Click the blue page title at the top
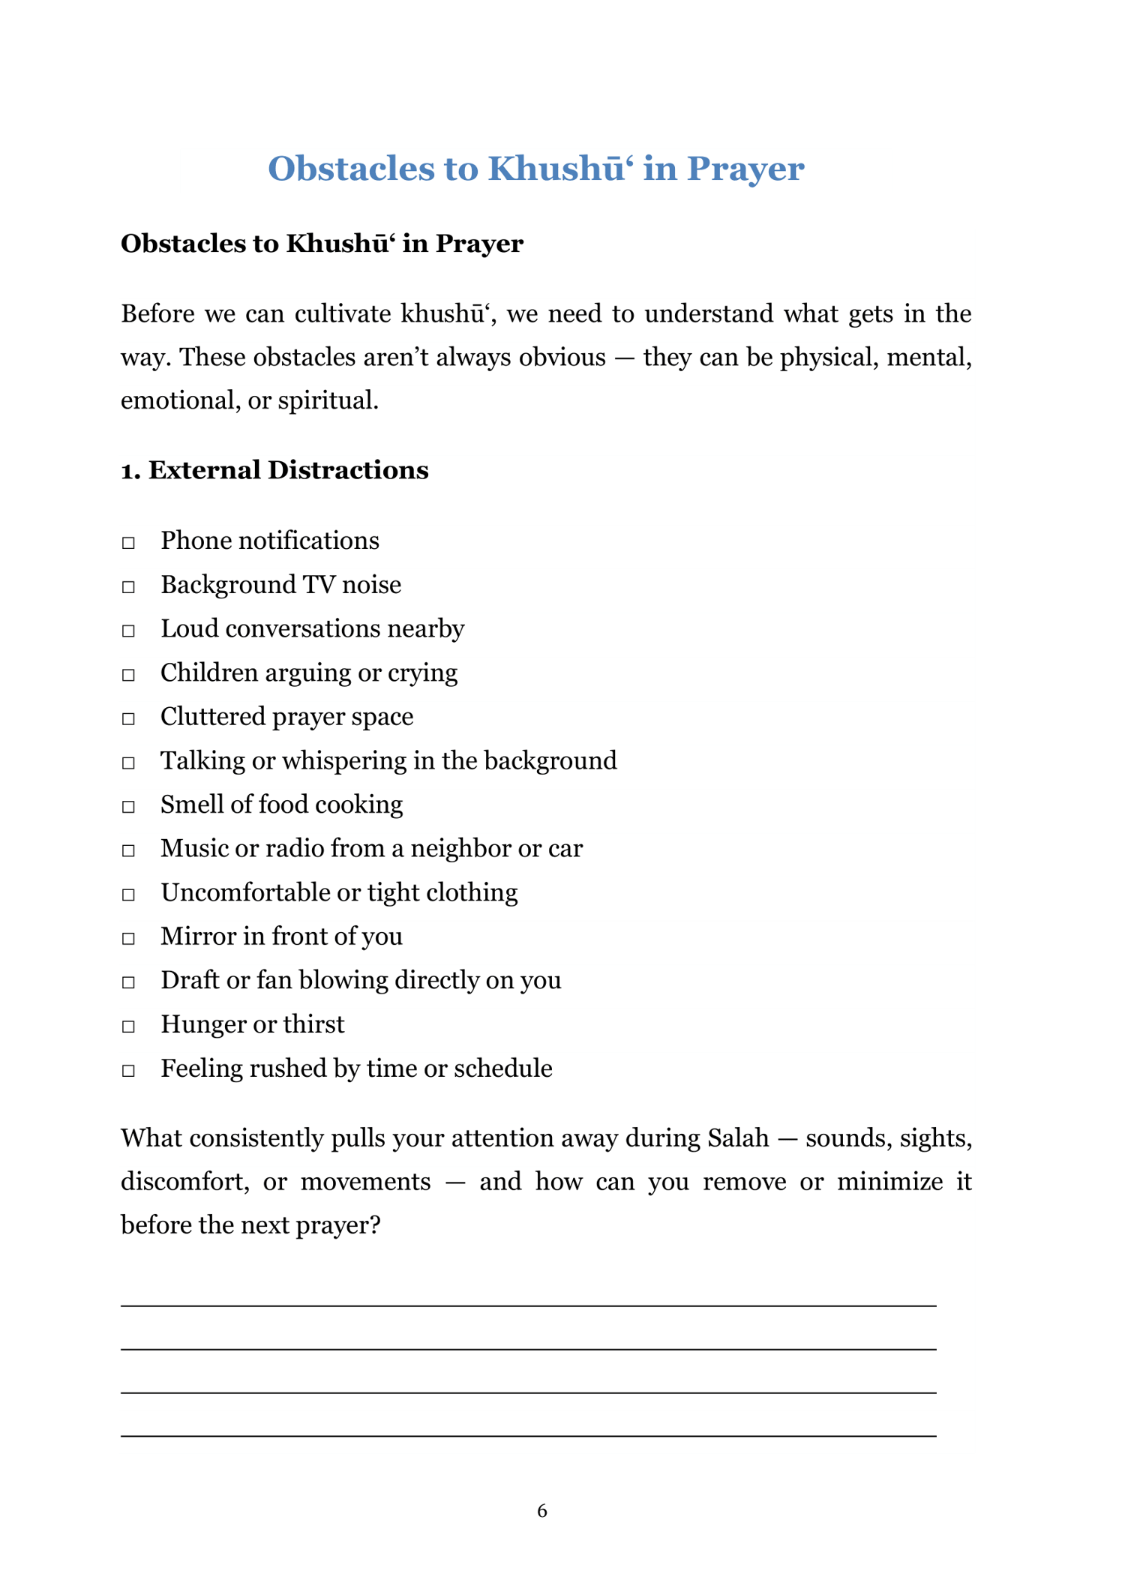point(535,169)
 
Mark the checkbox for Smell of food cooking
point(128,807)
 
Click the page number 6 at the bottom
point(542,1511)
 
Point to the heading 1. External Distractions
point(274,470)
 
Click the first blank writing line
point(528,1305)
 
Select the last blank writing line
point(528,1435)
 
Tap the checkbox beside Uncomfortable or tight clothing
point(128,895)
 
